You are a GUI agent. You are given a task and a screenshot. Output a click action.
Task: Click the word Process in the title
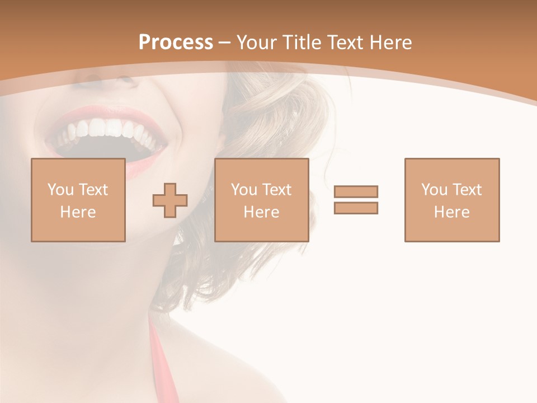pos(176,43)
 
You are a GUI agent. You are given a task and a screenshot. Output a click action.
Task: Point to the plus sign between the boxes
pos(170,200)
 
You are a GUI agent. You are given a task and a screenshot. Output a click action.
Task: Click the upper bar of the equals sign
pos(356,191)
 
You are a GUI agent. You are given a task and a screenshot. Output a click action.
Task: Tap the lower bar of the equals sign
pos(356,208)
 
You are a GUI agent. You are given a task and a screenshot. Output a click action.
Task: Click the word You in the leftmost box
pos(60,190)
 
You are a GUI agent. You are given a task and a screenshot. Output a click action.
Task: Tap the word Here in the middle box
pos(261,212)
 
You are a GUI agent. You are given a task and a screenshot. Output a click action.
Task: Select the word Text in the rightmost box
pos(467,190)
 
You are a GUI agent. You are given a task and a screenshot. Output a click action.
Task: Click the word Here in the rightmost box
pos(451,212)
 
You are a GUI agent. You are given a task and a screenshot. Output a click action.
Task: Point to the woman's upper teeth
pos(106,130)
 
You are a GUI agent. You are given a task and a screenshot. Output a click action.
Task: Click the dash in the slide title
pos(224,43)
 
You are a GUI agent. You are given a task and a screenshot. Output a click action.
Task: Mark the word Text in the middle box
pos(277,190)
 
